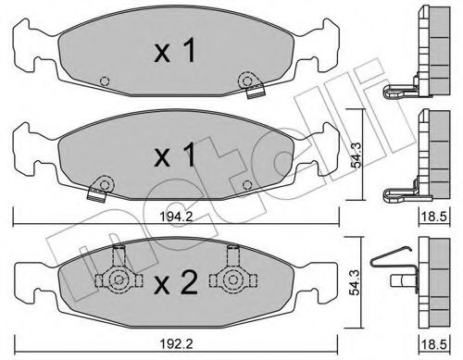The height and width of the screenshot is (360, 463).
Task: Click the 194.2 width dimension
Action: [176, 217]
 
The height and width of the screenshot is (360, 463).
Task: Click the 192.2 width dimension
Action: [176, 343]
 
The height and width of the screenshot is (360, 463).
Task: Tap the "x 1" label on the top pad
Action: [175, 51]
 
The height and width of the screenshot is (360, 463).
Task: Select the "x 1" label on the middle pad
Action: [175, 155]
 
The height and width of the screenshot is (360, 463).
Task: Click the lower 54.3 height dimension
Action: [356, 282]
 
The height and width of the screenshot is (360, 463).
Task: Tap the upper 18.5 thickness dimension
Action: [434, 217]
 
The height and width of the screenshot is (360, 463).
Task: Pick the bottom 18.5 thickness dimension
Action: [434, 344]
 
